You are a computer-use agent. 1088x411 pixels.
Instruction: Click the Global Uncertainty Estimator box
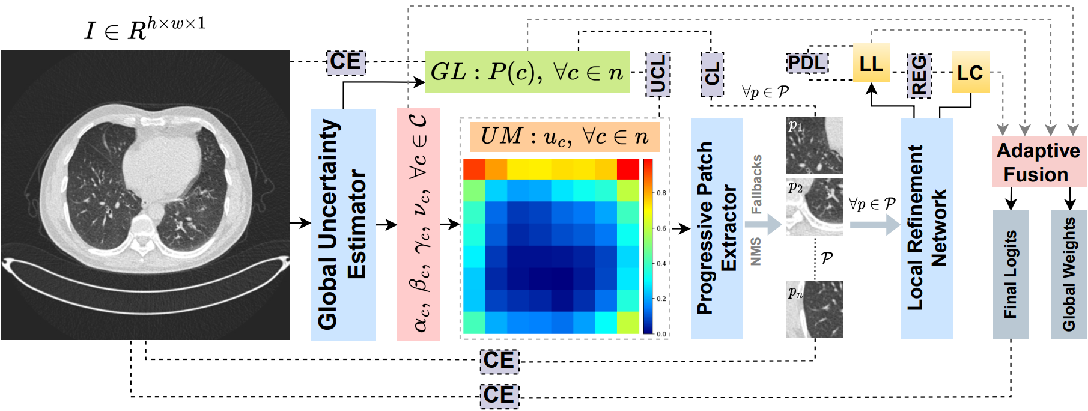343,224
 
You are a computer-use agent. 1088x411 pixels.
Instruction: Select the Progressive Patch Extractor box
716,228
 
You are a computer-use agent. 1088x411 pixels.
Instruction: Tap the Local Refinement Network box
926,228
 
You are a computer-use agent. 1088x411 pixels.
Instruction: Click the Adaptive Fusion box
1038,162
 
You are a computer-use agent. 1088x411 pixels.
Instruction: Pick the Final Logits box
1011,274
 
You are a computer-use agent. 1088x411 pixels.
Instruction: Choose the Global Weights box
1069,274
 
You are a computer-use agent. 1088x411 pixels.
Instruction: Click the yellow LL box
871,63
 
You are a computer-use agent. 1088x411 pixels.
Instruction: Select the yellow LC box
970,72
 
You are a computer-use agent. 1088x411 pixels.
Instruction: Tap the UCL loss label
658,74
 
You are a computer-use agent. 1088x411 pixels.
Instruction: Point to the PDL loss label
807,62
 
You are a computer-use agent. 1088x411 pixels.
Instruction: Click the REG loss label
919,75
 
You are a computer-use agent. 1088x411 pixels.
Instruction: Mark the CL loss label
712,74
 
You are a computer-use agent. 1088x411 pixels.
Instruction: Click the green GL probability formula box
527,72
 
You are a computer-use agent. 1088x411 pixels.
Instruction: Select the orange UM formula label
564,136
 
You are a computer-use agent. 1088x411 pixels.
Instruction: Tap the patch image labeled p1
814,145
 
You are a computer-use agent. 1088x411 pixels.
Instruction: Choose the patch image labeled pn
814,309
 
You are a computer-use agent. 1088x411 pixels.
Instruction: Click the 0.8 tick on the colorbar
661,193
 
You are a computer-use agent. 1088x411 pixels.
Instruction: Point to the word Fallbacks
756,184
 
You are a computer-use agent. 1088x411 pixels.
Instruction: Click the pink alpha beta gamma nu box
419,224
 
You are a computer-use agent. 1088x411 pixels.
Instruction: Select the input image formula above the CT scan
145,28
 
